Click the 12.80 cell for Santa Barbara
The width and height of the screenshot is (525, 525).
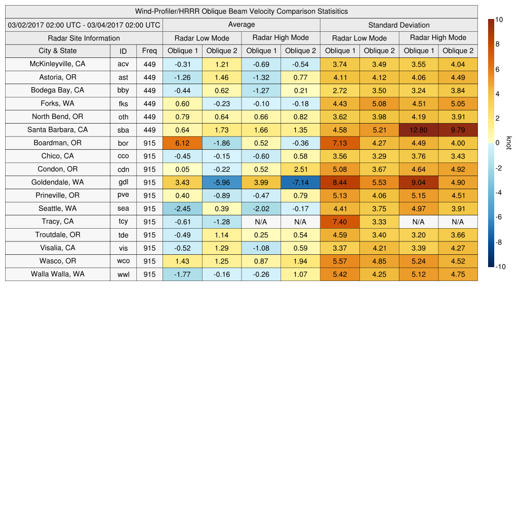(x=418, y=130)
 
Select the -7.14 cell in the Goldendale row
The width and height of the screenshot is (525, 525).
(x=300, y=183)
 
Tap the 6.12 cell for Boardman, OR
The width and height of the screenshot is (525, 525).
(x=182, y=143)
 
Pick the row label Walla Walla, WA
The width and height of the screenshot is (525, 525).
(x=57, y=274)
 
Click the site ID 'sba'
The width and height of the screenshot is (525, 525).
(x=123, y=130)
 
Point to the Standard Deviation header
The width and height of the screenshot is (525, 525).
(x=399, y=25)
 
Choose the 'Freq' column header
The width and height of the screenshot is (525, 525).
(x=150, y=51)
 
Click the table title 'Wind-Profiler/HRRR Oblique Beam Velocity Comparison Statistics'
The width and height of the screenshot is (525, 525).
(x=241, y=11)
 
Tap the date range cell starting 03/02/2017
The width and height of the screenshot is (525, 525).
(x=84, y=25)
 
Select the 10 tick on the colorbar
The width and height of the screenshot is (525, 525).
(x=498, y=19)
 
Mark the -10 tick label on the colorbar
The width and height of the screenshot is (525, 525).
(x=500, y=267)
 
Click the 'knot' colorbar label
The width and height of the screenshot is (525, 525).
(x=509, y=143)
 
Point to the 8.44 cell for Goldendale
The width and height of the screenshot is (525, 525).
(x=339, y=183)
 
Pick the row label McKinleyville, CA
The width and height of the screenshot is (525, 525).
(x=57, y=64)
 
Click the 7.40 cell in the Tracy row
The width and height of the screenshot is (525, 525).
(x=339, y=221)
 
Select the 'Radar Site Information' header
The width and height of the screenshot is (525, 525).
(x=84, y=38)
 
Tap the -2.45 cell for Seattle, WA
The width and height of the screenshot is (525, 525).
(x=182, y=209)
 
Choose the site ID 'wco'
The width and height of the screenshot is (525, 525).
(x=123, y=261)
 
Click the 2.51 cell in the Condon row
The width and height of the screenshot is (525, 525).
(x=300, y=169)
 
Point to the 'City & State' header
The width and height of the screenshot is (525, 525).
(x=57, y=51)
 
